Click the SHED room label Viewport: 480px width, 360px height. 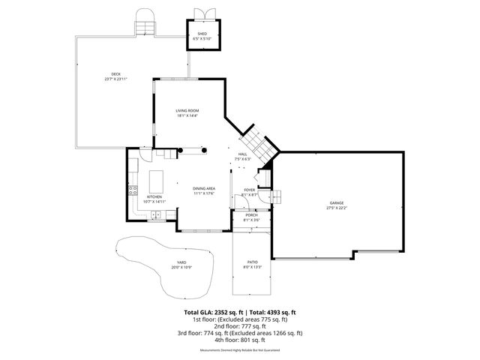point(202,34)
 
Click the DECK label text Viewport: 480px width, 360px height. point(115,73)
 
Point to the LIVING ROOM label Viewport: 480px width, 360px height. point(187,112)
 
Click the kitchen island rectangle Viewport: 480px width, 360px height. point(156,182)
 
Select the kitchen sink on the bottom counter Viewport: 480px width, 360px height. point(155,216)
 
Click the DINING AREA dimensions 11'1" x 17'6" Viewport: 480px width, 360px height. point(204,193)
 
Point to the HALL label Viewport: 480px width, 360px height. point(241,154)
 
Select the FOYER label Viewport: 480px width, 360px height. point(249,190)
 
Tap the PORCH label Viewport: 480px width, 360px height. point(250,215)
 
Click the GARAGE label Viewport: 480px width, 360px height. point(336,203)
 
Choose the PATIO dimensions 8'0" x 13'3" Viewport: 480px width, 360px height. point(251,267)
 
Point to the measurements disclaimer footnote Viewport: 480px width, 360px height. point(240,350)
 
